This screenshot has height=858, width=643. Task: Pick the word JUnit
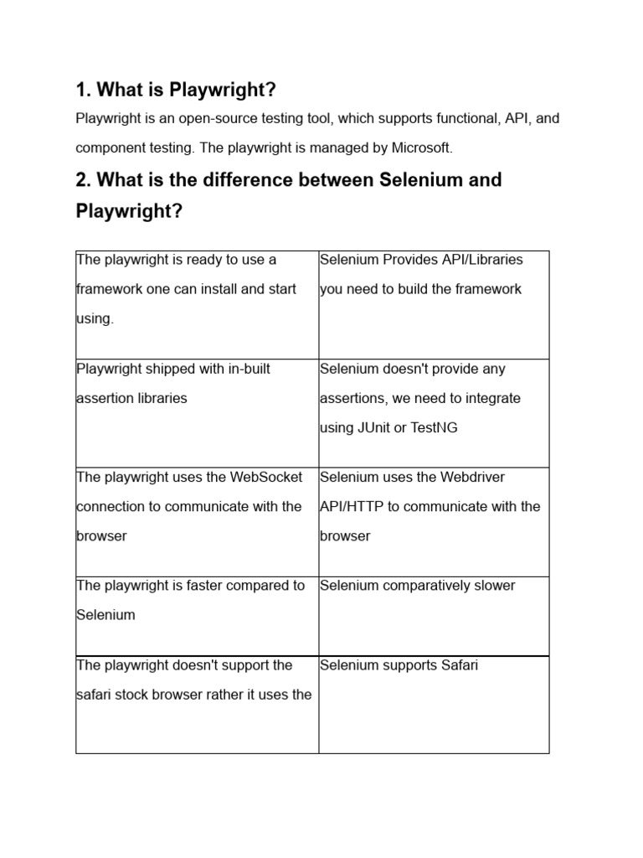tap(376, 428)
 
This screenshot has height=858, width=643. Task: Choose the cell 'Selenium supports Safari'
tap(399, 665)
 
